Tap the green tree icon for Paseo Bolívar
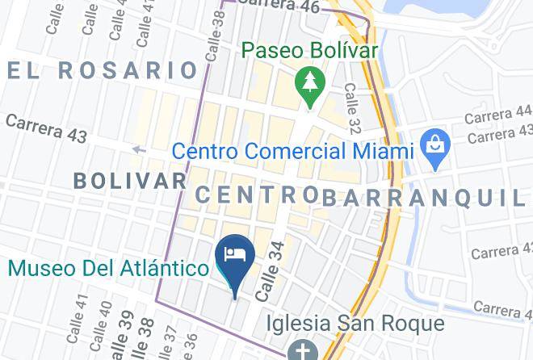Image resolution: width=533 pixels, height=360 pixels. pyautogui.click(x=308, y=82)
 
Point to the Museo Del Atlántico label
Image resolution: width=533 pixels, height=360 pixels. pyautogui.click(x=109, y=267)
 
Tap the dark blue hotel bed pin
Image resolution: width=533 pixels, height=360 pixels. pyautogui.click(x=235, y=257)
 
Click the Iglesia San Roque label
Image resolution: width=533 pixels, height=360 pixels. pyautogui.click(x=355, y=324)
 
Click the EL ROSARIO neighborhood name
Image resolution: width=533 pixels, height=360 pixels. pyautogui.click(x=103, y=70)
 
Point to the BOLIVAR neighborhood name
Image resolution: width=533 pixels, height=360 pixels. pyautogui.click(x=130, y=180)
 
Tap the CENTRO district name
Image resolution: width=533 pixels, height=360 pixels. pyautogui.click(x=257, y=195)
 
